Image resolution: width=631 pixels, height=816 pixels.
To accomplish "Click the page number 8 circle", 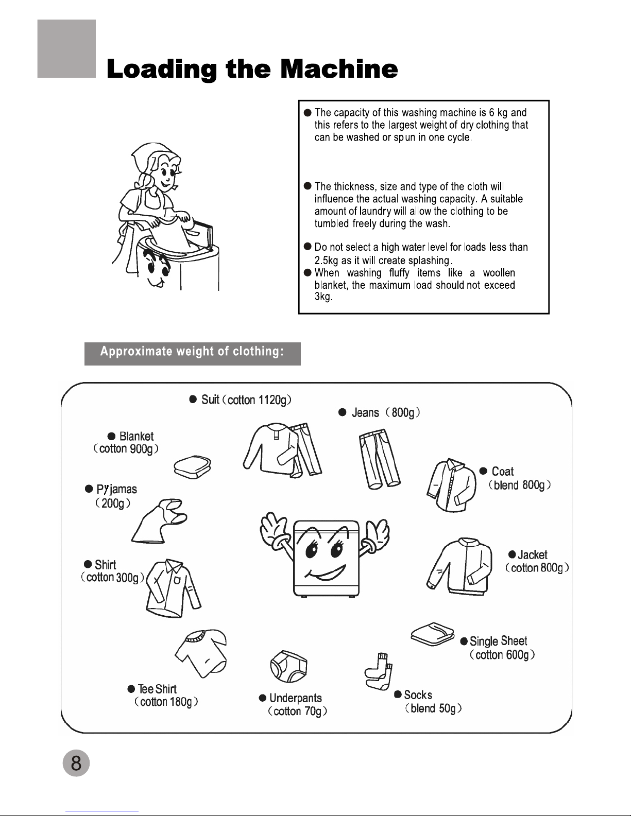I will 76,762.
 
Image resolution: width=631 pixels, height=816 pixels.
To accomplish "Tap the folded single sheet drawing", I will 433,634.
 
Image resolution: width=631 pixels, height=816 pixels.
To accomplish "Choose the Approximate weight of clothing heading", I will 192,352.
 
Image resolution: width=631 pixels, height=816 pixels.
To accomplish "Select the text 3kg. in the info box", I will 323,298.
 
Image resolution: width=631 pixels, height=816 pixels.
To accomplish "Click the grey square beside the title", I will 66,49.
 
